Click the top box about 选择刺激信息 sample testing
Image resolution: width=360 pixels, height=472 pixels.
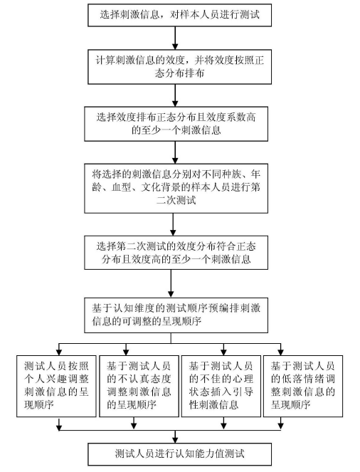pyautogui.click(x=179, y=15)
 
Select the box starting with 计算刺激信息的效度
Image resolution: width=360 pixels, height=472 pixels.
pyautogui.click(x=179, y=66)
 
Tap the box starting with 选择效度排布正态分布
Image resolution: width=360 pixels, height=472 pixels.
pyautogui.click(x=176, y=124)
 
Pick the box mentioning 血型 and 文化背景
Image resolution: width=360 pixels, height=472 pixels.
pyautogui.click(x=176, y=189)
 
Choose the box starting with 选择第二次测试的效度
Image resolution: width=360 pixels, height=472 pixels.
pyautogui.click(x=176, y=253)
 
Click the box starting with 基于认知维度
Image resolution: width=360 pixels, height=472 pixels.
pyautogui.click(x=176, y=315)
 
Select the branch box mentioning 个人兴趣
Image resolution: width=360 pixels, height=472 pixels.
pyautogui.click(x=56, y=386)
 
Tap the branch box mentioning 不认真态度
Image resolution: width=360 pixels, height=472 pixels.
pyautogui.click(x=139, y=386)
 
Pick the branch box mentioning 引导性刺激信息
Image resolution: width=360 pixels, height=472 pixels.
pyautogui.click(x=221, y=386)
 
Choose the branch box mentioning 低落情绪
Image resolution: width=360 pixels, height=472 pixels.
pyautogui.click(x=303, y=386)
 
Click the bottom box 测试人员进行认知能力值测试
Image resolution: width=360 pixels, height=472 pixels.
pyautogui.click(x=179, y=454)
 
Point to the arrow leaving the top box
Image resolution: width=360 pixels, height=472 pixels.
pyautogui.click(x=175, y=38)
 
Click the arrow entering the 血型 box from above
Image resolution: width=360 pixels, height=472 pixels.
pyautogui.click(x=175, y=152)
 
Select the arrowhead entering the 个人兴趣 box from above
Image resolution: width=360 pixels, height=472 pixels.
pyautogui.click(x=59, y=352)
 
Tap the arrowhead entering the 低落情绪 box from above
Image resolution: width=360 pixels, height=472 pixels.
pyautogui.click(x=280, y=352)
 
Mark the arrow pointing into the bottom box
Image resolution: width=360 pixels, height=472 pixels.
pyautogui.click(x=175, y=436)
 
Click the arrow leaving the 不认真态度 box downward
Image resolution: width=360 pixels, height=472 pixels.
pyautogui.click(x=134, y=424)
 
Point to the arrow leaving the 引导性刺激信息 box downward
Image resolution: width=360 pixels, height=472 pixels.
pyautogui.click(x=223, y=424)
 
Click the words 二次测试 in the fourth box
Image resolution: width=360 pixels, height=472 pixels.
pyautogui.click(x=176, y=201)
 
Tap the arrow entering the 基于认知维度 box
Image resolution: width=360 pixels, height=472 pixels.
pyautogui.click(x=171, y=284)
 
